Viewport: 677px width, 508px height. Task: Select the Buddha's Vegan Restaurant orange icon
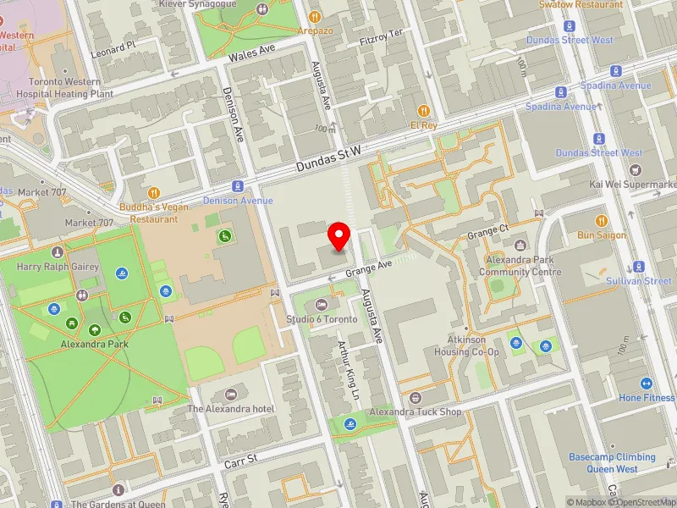click(x=153, y=193)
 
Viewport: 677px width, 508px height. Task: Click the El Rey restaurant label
click(x=423, y=124)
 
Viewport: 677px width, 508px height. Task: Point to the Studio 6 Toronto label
click(x=321, y=319)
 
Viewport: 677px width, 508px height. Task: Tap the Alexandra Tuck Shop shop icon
click(x=415, y=398)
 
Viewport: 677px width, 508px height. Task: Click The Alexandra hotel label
click(x=231, y=409)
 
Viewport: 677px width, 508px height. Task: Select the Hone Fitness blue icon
click(x=647, y=384)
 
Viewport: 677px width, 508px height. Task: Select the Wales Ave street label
click(x=252, y=53)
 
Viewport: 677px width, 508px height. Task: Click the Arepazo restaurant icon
click(x=314, y=16)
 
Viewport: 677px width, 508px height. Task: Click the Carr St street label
click(x=239, y=464)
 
